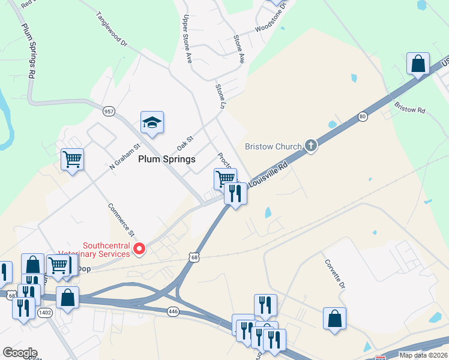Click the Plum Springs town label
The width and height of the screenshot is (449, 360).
(167, 159)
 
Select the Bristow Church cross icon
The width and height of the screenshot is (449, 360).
(310, 146)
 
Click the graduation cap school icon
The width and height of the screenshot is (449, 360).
(152, 122)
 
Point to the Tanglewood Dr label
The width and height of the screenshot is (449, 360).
(112, 29)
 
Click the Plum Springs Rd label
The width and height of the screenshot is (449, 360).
(28, 50)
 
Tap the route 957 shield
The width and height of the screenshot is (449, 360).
(109, 111)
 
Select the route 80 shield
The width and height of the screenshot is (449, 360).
(363, 116)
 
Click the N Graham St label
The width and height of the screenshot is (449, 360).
(124, 156)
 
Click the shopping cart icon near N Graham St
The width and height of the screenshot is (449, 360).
(72, 160)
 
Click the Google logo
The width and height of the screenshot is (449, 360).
(20, 353)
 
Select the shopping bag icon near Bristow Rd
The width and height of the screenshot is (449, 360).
(418, 64)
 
